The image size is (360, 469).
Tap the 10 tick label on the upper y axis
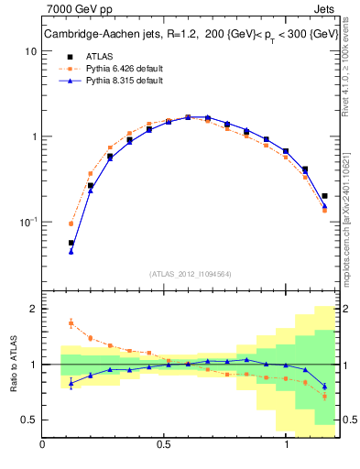30,52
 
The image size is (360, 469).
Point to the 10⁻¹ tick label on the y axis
27,222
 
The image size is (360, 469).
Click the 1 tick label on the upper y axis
33,137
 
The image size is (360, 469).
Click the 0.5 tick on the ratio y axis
29,420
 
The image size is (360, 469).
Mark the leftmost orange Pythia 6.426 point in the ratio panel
71,322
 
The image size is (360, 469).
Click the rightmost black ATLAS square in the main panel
325,195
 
